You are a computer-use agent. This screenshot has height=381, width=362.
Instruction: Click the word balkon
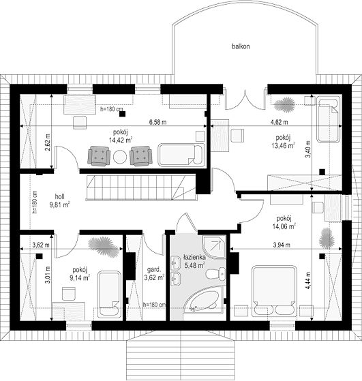[x=241, y=46]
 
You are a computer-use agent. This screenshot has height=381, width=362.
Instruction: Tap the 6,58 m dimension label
[x=157, y=122]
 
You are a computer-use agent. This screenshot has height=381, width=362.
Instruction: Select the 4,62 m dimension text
[x=280, y=122]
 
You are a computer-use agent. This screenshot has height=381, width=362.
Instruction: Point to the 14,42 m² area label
[x=121, y=140]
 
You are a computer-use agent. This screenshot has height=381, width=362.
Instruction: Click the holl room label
[x=59, y=196]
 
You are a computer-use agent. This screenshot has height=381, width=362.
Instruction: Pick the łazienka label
[x=194, y=257]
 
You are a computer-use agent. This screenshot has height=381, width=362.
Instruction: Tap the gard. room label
[x=154, y=270]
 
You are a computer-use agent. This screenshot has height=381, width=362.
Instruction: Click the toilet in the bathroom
[x=216, y=274]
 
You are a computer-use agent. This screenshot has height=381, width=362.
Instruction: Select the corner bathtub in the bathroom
[x=203, y=300]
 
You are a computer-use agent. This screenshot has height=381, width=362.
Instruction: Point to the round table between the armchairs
[x=120, y=157]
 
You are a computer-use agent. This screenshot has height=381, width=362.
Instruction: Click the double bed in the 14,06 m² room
[x=274, y=290]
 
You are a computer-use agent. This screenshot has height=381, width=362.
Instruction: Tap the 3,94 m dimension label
[x=282, y=245]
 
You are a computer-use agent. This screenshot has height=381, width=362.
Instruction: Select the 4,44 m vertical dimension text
[x=308, y=280]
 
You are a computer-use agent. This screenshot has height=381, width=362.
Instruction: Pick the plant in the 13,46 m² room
[x=285, y=105]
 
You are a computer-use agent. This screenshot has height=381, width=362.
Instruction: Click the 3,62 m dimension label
[x=41, y=245]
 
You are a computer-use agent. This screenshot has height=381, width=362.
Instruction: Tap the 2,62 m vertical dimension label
[x=48, y=142]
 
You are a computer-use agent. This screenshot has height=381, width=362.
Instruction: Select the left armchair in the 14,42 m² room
[x=99, y=156]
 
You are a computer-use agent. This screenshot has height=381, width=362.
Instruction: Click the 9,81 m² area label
[x=59, y=204]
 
